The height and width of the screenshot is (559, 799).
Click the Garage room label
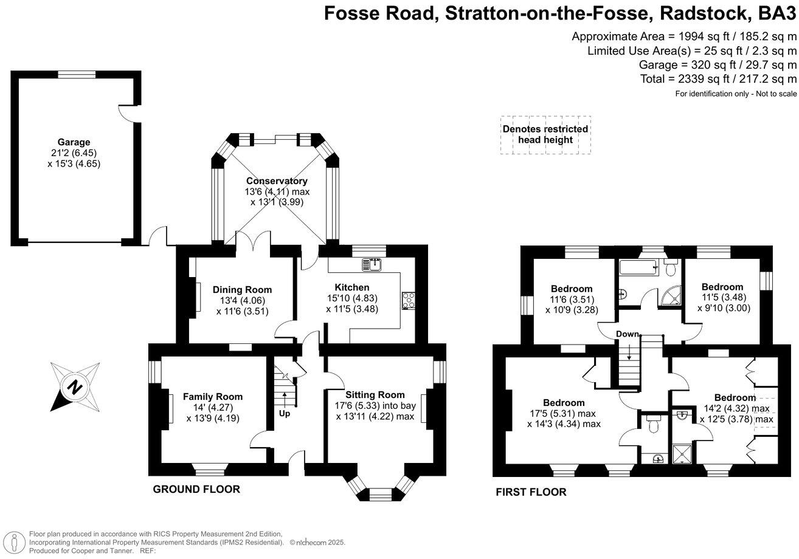(74, 142)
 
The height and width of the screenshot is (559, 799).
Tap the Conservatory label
(277, 181)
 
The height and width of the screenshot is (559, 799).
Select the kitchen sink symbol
(372, 264)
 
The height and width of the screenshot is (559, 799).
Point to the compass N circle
(74, 387)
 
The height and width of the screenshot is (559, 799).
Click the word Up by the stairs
(285, 414)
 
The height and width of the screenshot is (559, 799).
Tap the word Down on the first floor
(628, 334)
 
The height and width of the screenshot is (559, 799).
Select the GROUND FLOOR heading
(196, 489)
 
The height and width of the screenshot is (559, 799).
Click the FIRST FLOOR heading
(531, 492)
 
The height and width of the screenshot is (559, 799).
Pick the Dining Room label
(242, 289)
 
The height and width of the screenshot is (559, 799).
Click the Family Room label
(213, 396)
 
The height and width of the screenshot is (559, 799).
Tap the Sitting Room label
(375, 395)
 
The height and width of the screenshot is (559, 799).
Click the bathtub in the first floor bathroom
(638, 267)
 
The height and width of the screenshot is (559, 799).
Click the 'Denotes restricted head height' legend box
(545, 135)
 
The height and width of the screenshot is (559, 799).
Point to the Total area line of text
(718, 79)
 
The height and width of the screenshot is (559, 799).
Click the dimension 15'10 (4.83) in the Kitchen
(352, 298)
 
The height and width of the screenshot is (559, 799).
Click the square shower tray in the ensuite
(682, 454)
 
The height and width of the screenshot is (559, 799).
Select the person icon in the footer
(14, 542)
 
